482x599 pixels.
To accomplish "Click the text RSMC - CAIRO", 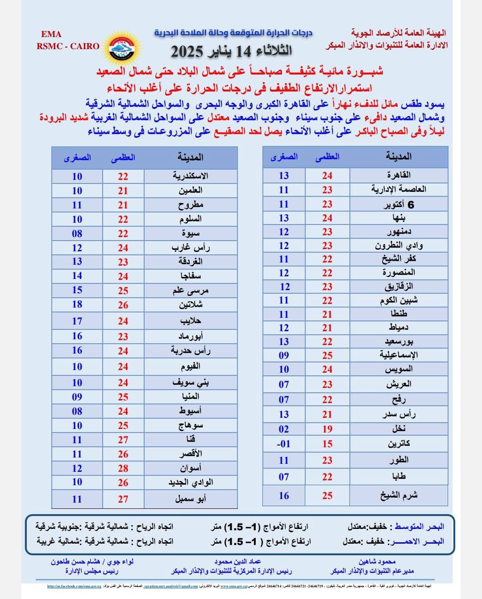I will click(x=68, y=46).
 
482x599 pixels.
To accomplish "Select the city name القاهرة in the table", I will click(x=399, y=175).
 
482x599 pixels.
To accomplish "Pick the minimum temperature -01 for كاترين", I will click(x=284, y=444).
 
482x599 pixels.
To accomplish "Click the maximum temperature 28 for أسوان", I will click(x=123, y=468).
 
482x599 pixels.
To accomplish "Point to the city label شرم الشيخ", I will click(x=398, y=495).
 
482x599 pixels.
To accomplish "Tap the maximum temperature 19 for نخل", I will click(x=327, y=429).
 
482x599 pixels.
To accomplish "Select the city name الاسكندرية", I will click(x=191, y=176).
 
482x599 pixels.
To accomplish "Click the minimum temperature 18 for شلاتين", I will click(x=77, y=304).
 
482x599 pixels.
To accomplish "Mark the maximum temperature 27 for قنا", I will click(x=123, y=440).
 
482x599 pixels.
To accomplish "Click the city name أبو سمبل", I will click(x=191, y=499).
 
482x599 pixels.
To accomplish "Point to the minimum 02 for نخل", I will click(x=284, y=429).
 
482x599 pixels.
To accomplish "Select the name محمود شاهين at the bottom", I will click(x=377, y=562).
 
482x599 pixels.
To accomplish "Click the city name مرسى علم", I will click(x=191, y=291).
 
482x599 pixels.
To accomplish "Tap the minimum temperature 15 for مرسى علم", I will click(x=77, y=290).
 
